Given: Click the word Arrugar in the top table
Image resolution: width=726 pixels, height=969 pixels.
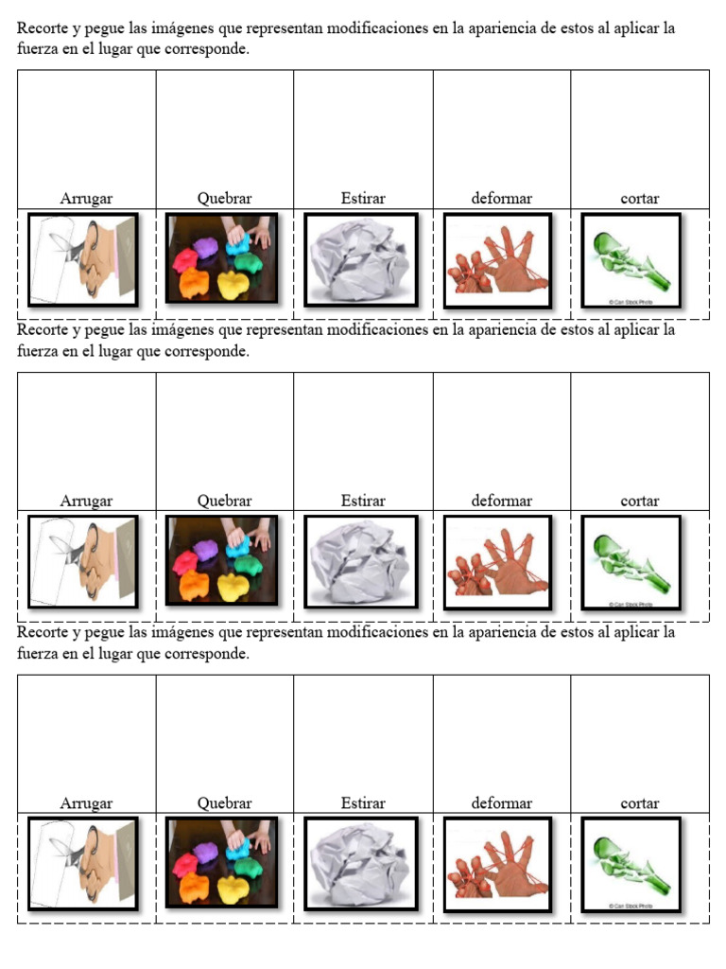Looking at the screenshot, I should (x=86, y=199).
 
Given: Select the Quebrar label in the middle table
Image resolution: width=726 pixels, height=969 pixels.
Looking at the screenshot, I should (x=224, y=502).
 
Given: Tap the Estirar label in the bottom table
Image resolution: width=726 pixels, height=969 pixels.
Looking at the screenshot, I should (x=363, y=803).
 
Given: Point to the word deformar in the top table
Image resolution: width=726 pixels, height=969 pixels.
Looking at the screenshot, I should (x=501, y=199).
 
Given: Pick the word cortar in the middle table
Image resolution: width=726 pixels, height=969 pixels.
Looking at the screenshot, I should (x=639, y=502).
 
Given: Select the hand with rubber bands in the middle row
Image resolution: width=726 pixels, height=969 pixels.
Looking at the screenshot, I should (x=497, y=562).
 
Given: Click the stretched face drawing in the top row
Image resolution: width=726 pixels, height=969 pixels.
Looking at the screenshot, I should (x=83, y=259).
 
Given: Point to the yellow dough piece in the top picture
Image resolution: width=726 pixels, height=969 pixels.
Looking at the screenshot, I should (x=233, y=283).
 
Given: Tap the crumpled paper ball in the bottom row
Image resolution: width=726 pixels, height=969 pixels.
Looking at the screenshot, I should (x=360, y=863).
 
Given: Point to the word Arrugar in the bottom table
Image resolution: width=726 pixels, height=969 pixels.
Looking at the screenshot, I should (x=86, y=803).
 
